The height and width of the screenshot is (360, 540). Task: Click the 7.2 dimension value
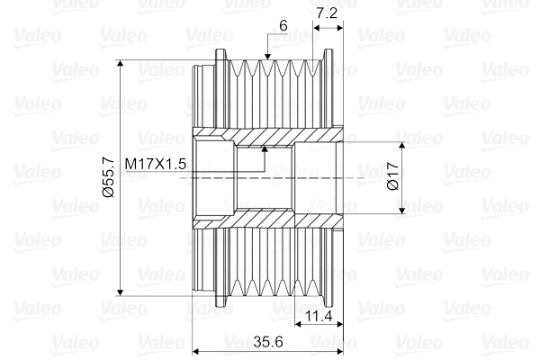click(x=327, y=13)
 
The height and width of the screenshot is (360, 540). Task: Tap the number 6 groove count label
click(x=283, y=26)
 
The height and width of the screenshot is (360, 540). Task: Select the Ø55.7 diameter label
click(x=108, y=177)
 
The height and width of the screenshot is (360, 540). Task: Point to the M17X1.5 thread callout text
click(x=156, y=164)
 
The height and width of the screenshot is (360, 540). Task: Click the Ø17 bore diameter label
click(x=393, y=176)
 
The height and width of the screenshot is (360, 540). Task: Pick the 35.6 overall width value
click(x=268, y=341)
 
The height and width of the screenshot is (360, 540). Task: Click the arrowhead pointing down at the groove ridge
click(x=267, y=57)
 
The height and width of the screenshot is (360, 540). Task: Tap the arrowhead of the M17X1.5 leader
click(x=265, y=149)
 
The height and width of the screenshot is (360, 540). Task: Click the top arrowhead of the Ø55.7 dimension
click(x=120, y=64)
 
